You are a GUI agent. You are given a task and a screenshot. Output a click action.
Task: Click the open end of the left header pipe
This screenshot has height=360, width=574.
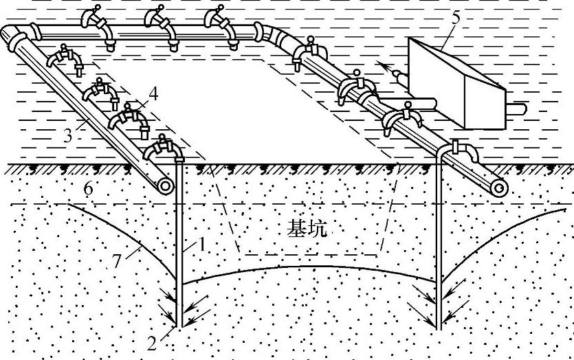click(x=165, y=185)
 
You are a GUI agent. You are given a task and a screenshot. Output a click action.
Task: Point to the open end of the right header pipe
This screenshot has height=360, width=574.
click(x=499, y=187)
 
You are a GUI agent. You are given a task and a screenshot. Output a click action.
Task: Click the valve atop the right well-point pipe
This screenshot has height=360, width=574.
click(x=457, y=148)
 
